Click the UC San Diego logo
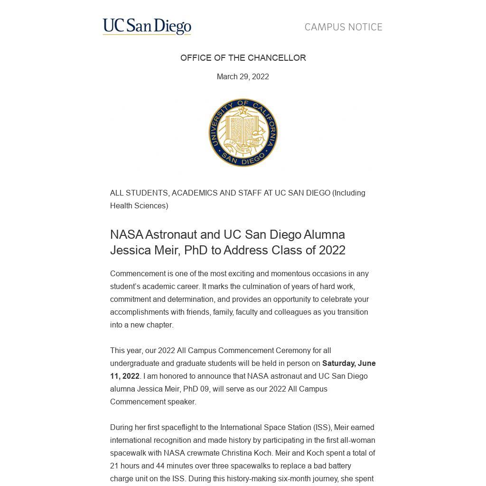(x=147, y=27)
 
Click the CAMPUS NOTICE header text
(x=343, y=27)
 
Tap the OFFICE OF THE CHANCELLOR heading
(x=243, y=58)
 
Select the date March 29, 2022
(x=243, y=77)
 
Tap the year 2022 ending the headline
(x=332, y=250)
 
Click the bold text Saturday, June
(x=349, y=364)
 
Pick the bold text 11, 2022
(x=125, y=376)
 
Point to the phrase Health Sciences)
(x=139, y=206)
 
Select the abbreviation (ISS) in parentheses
(x=322, y=428)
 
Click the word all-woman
(x=356, y=440)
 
